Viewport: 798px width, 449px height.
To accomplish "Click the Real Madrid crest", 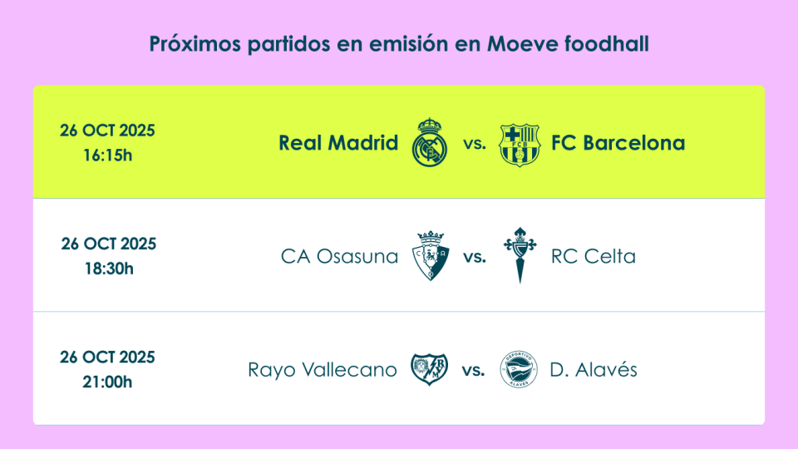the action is tap(430, 142).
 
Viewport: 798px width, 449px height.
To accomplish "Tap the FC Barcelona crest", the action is tap(519, 145).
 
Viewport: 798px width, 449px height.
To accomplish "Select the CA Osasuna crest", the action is tap(431, 255).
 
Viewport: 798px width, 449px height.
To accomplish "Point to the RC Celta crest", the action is tap(520, 255).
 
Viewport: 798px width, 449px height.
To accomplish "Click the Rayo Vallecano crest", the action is tap(430, 369).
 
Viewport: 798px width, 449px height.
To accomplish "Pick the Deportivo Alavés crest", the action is tap(519, 369).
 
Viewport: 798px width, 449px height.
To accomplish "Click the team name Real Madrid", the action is tap(338, 143).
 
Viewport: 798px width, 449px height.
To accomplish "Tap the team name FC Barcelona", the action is tap(618, 143).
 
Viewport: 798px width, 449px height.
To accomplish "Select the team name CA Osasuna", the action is tap(339, 256).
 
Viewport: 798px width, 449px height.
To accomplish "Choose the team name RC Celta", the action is tap(594, 256).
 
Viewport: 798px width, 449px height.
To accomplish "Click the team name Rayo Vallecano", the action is tap(323, 369).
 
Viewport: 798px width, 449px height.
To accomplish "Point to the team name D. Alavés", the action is tap(594, 368).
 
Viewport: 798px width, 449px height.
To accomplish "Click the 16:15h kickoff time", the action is tap(107, 155).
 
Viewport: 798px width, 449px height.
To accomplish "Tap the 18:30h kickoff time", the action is tap(109, 269).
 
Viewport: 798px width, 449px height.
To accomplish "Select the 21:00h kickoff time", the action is tap(107, 382).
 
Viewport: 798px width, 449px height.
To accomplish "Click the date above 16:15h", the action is tap(107, 131).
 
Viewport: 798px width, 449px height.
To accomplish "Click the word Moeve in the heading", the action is tap(523, 44).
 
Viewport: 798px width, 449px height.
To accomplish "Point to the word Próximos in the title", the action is tap(195, 44).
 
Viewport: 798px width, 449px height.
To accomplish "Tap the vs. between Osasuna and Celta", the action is tap(475, 257).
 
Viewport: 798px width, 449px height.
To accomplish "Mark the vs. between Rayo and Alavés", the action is tap(473, 371).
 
